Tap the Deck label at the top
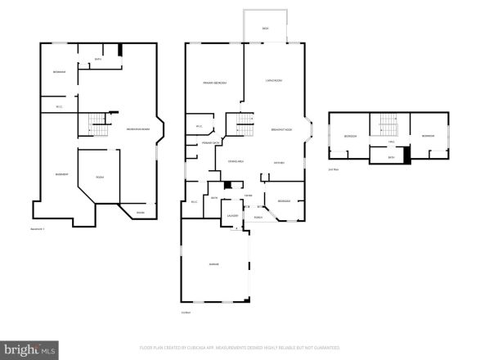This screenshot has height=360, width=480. click(x=265, y=29)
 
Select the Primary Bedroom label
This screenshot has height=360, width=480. click(x=214, y=83)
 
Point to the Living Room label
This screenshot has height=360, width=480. click(x=274, y=80)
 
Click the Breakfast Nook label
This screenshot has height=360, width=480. click(x=282, y=132)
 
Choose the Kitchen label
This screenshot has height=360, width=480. click(x=278, y=163)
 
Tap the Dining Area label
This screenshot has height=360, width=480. click(x=236, y=162)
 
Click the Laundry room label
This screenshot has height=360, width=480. click(x=232, y=215)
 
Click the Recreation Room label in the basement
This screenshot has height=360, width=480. click(x=137, y=131)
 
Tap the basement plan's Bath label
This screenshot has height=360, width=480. click(x=98, y=59)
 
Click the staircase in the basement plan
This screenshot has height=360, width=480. click(x=99, y=125)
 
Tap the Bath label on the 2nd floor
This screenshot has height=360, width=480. click(x=391, y=157)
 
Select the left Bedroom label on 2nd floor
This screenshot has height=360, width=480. click(x=351, y=136)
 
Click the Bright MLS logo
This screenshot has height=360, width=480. click(x=29, y=349)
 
